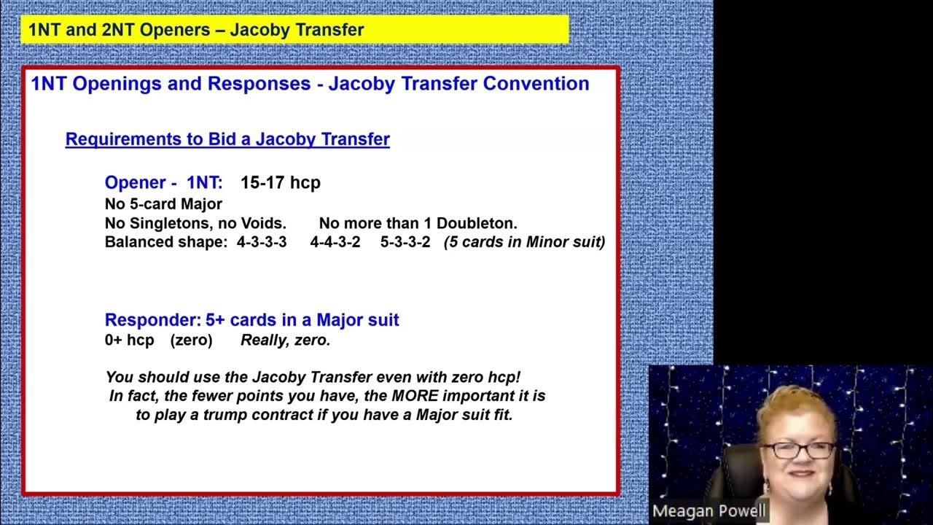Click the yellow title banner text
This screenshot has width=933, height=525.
point(196,30)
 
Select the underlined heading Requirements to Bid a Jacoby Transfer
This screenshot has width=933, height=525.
point(227,139)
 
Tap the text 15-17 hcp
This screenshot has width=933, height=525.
point(281,182)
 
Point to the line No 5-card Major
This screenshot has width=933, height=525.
point(163,204)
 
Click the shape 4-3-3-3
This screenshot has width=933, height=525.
point(262,242)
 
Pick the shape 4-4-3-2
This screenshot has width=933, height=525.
point(335,242)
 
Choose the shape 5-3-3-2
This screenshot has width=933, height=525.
point(405,242)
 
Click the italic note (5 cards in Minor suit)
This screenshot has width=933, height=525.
point(525,242)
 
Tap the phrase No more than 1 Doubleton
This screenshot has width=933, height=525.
point(418,223)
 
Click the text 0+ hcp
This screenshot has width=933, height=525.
point(130,341)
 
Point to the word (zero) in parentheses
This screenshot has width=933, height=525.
point(191,341)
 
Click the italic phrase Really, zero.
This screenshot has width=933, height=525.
point(286,341)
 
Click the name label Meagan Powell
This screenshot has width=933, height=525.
point(708,511)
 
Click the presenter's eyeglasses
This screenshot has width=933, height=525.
point(798,450)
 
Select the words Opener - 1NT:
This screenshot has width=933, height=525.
point(163,182)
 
